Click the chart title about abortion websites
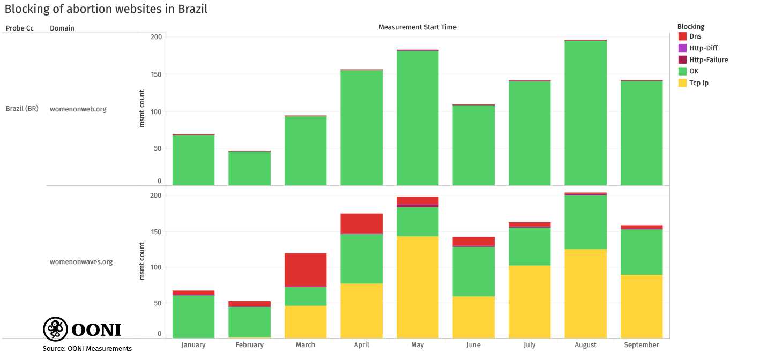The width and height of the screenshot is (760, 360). pyautogui.click(x=106, y=9)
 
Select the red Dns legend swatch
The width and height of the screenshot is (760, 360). pyautogui.click(x=682, y=36)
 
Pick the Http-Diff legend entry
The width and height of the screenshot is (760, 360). pyautogui.click(x=703, y=48)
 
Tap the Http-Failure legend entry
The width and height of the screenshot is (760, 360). pyautogui.click(x=708, y=60)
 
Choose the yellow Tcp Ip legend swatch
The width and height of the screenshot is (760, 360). pyautogui.click(x=682, y=83)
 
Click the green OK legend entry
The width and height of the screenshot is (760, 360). pyautogui.click(x=694, y=71)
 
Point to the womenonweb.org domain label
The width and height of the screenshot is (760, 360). pyautogui.click(x=78, y=109)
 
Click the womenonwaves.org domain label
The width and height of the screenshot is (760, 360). pyautogui.click(x=81, y=262)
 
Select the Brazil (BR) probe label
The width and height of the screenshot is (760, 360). pyautogui.click(x=22, y=109)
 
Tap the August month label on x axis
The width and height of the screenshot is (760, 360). pyautogui.click(x=585, y=345)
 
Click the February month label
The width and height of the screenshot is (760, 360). pyautogui.click(x=249, y=345)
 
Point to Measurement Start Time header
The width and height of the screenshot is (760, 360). pyautogui.click(x=417, y=27)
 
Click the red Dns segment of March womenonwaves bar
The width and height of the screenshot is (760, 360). pyautogui.click(x=306, y=270)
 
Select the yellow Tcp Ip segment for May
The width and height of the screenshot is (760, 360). pyautogui.click(x=418, y=287)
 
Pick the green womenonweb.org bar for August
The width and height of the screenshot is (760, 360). pyautogui.click(x=585, y=112)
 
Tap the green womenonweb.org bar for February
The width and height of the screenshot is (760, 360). pyautogui.click(x=249, y=168)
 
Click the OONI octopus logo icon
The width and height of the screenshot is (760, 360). pyautogui.click(x=55, y=329)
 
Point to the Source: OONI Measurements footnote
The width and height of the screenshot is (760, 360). pyautogui.click(x=87, y=349)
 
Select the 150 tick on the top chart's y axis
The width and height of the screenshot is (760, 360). pyautogui.click(x=156, y=74)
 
